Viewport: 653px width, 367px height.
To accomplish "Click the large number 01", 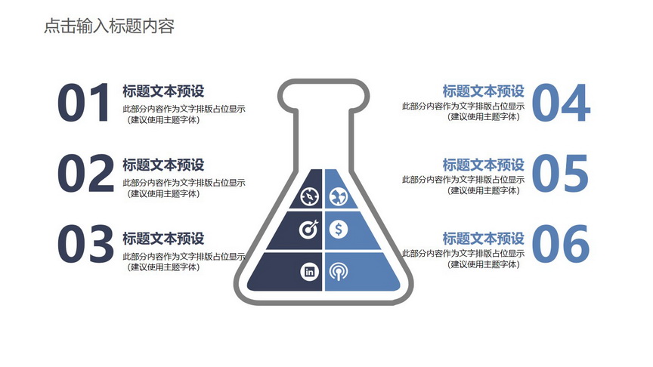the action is (84, 103).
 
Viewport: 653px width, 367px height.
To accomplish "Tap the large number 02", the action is (85, 173).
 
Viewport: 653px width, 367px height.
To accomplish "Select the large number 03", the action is (85, 244).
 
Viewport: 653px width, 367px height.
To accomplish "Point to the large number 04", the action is (561, 103).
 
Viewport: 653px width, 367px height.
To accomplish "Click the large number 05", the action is (560, 173).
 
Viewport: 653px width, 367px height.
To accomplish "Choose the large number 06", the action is (561, 244).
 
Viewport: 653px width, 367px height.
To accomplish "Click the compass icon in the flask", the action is (310, 197).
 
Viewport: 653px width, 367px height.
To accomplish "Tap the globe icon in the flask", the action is (338, 197).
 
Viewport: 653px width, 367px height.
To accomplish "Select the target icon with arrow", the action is (309, 230).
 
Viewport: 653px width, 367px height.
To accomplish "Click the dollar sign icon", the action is (338, 230).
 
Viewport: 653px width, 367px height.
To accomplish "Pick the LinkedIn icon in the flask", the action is (309, 272).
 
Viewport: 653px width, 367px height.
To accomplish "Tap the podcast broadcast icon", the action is (338, 272).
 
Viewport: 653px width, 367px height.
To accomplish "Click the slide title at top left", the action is (109, 26).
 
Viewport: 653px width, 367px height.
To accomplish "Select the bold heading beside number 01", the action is (163, 91).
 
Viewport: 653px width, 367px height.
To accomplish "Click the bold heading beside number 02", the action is (163, 165).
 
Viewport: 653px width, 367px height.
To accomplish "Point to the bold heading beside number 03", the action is (163, 239).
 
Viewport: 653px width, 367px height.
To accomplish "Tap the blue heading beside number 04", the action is (483, 91).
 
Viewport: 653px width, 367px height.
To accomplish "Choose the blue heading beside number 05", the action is (483, 165).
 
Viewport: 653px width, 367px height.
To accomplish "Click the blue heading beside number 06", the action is (483, 239).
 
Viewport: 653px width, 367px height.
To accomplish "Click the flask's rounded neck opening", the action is (323, 81).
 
